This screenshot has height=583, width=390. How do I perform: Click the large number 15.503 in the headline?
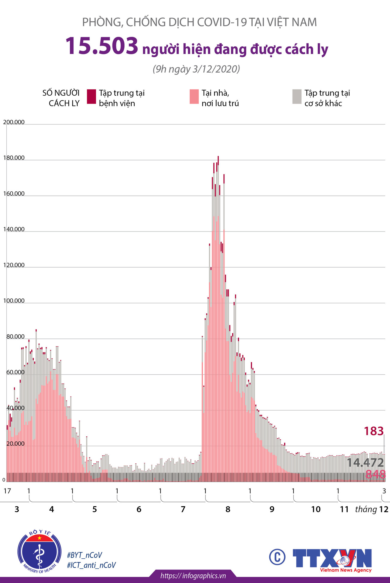(102, 46)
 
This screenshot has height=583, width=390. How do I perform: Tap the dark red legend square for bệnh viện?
(91, 97)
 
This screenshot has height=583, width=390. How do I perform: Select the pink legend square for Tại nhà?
(194, 97)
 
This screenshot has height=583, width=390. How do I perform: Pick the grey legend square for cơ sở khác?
(297, 97)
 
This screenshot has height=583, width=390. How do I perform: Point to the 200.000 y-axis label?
(14, 122)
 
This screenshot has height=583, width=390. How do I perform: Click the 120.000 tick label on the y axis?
(14, 265)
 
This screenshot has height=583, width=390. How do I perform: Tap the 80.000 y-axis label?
(15, 336)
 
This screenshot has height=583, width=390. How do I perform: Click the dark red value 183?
(373, 431)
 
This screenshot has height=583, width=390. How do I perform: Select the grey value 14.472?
(365, 462)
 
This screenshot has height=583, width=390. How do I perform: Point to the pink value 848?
(375, 474)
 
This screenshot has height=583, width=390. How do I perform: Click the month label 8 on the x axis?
(228, 509)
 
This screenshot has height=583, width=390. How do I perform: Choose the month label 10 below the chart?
(316, 509)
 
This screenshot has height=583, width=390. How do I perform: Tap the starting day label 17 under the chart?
(7, 491)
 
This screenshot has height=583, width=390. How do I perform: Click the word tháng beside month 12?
(366, 509)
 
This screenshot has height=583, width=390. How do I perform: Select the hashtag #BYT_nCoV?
(85, 555)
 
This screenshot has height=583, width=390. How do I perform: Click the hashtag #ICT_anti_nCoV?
(91, 565)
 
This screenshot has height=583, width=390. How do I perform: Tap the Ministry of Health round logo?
(39, 552)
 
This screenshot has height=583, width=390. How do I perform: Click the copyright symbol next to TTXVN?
(277, 557)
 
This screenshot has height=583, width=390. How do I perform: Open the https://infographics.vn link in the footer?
(193, 576)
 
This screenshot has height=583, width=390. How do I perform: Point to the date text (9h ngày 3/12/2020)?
(196, 69)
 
